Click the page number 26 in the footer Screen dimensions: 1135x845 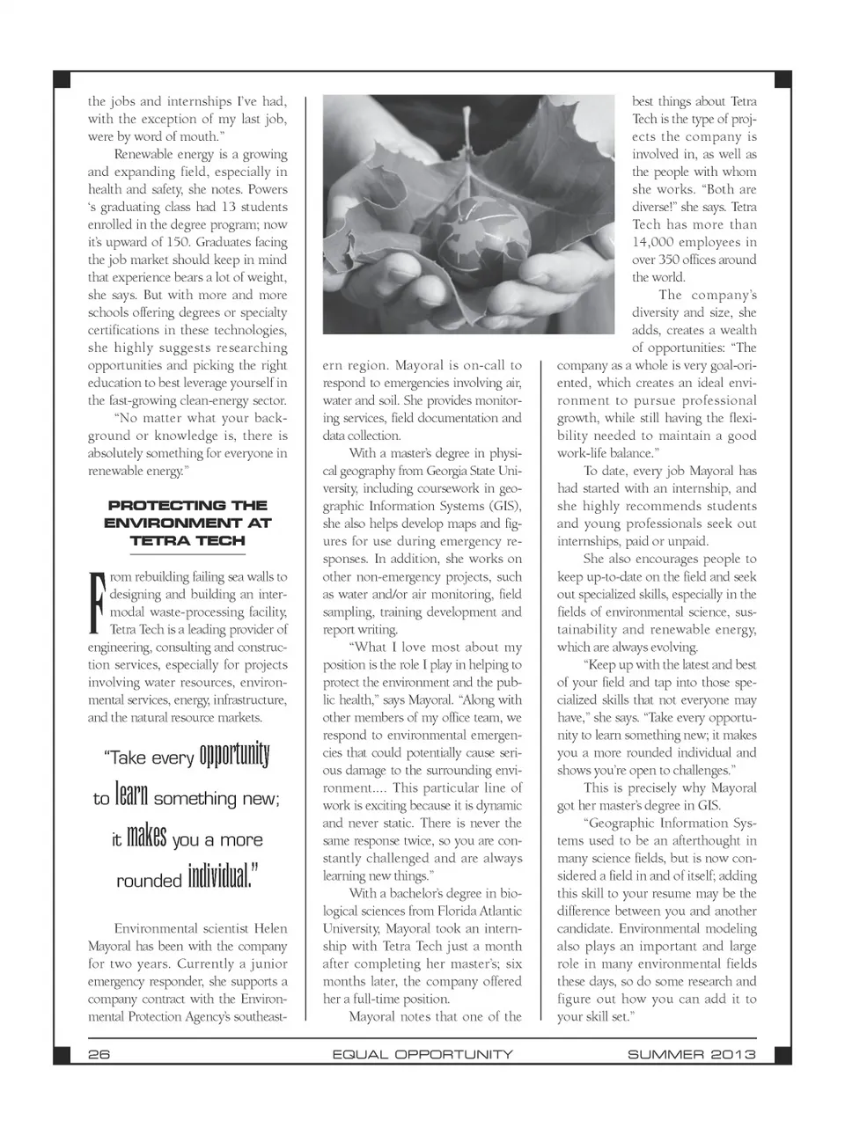pyautogui.click(x=99, y=1054)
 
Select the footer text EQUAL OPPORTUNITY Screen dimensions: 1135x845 pyautogui.click(x=422, y=1054)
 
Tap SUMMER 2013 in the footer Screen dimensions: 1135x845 pyautogui.click(x=691, y=1054)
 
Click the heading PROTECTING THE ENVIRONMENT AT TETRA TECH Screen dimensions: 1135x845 pyautogui.click(x=187, y=523)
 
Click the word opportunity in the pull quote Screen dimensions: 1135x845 pyautogui.click(x=234, y=755)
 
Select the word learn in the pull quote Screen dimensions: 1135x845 pyautogui.click(x=132, y=795)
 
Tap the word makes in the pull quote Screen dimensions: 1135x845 pyautogui.click(x=146, y=836)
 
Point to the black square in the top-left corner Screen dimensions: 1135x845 pyautogui.click(x=62, y=80)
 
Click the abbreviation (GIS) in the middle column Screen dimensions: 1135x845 pyautogui.click(x=504, y=506)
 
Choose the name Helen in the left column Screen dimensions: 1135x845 pyautogui.click(x=270, y=928)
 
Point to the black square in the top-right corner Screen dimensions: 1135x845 pyautogui.click(x=783, y=80)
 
